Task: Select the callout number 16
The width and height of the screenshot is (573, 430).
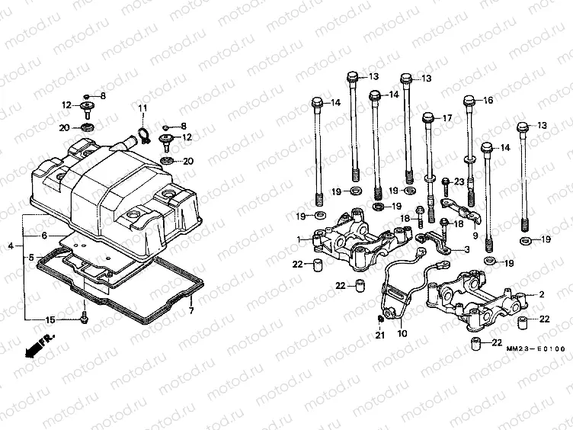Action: [488, 100]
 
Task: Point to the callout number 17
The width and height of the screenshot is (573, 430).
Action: [447, 117]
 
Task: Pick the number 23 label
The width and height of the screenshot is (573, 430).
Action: [459, 181]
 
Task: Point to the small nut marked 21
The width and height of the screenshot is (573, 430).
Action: [380, 317]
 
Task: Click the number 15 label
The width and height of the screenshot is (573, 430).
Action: [50, 319]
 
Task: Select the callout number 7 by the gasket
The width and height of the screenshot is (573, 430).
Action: [191, 311]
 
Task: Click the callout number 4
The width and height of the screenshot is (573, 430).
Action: [11, 245]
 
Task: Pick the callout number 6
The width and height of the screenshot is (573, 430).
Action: [44, 236]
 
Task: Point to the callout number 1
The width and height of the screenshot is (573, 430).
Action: [299, 240]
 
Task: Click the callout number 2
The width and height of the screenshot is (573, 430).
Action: [542, 294]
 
